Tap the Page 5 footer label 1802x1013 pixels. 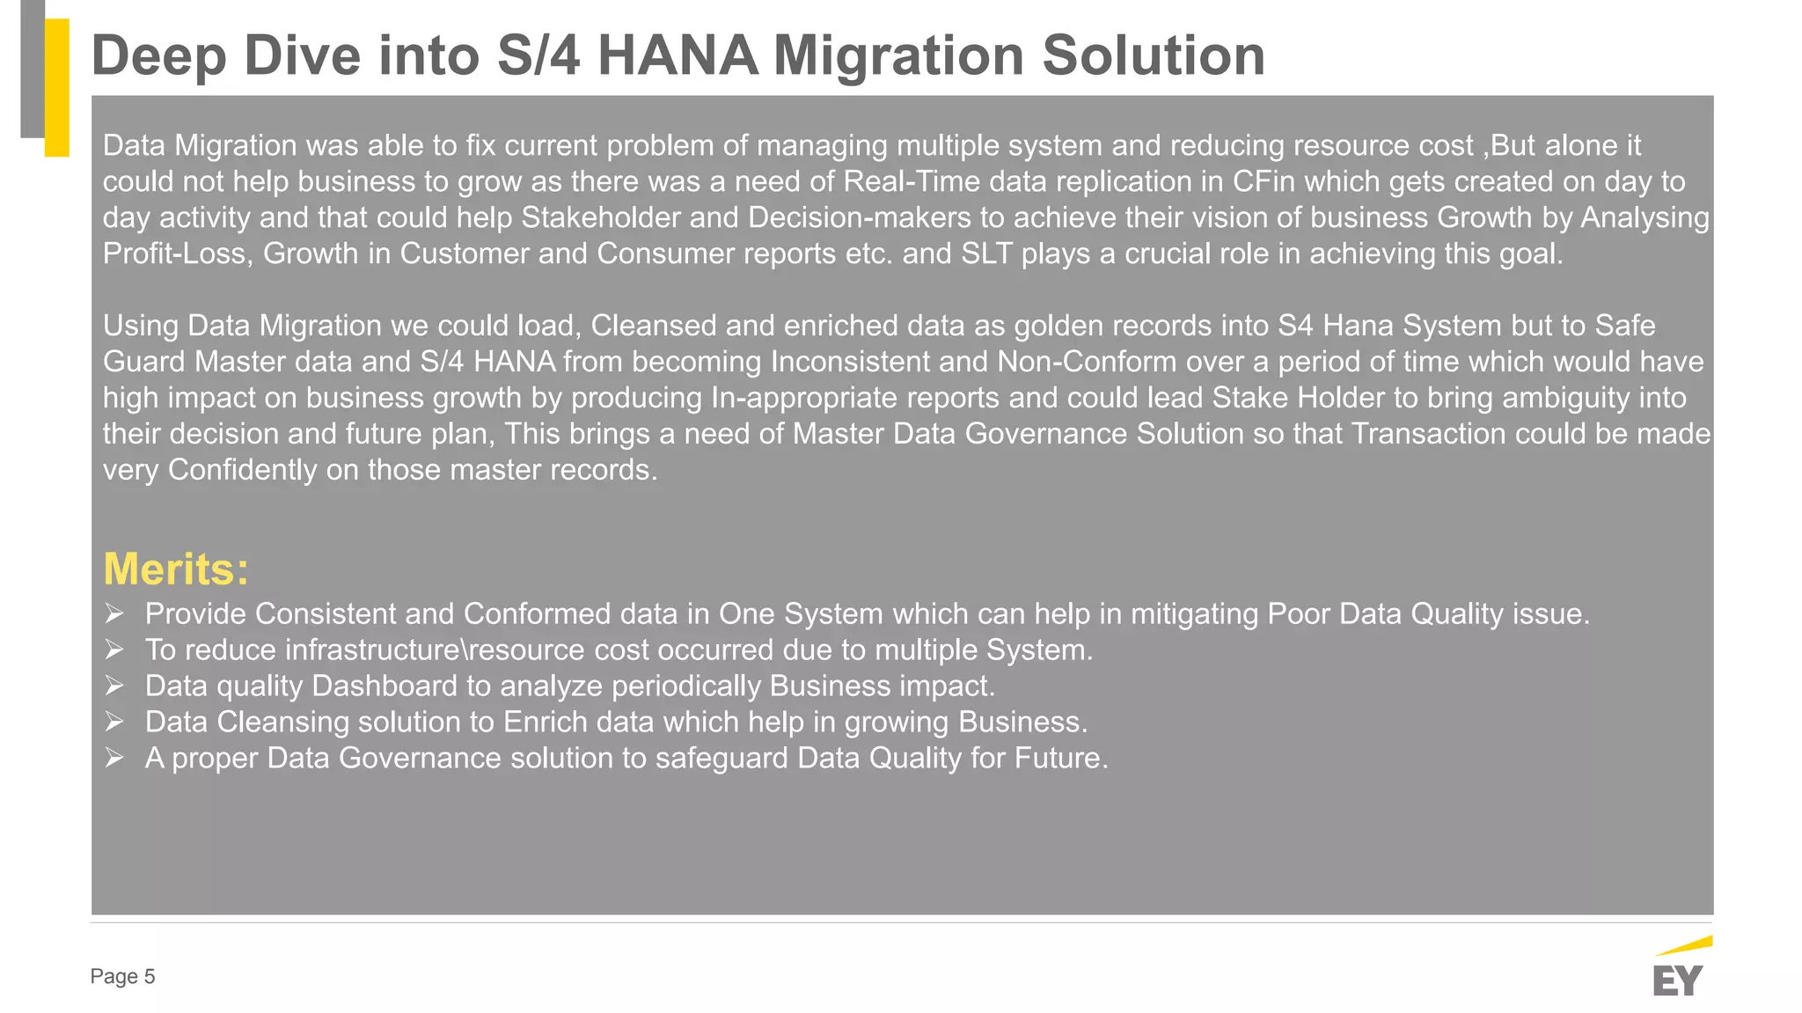122,976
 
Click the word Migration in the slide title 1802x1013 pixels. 898,55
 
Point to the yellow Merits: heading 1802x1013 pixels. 176,569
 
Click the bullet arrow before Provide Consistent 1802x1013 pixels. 114,613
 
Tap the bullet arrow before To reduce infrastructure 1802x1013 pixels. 114,650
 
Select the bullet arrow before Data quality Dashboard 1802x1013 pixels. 114,686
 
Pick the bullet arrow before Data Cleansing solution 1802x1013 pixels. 114,722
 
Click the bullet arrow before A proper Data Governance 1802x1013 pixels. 114,758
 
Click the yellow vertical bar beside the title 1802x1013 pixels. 57,87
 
